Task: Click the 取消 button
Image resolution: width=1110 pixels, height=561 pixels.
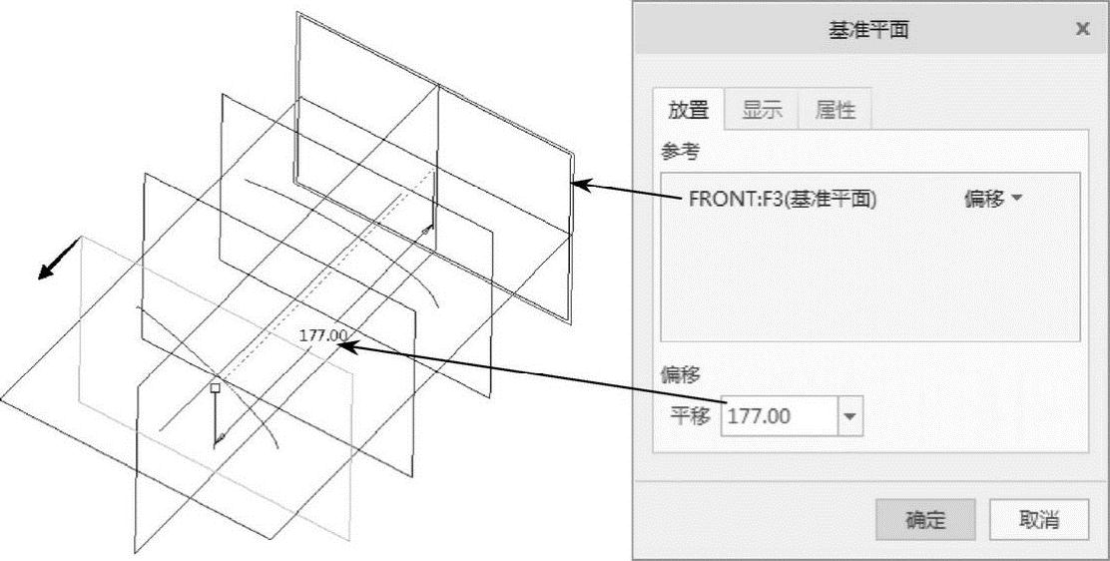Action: point(1038,520)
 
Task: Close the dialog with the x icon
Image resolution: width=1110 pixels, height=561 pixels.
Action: point(1082,29)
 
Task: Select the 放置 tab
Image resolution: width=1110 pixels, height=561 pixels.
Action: point(688,110)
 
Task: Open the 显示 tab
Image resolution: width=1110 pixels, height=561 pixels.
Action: point(762,110)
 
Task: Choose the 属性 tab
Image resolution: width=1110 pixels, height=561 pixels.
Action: point(834,110)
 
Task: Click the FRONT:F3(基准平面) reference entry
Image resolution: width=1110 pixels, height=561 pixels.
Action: point(782,199)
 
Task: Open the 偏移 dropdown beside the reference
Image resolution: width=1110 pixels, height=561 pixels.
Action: point(993,199)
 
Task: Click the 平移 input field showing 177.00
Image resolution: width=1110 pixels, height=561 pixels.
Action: point(778,415)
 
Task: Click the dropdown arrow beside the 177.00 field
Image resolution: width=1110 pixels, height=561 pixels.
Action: point(850,416)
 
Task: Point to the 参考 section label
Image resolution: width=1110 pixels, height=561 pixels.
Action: point(681,151)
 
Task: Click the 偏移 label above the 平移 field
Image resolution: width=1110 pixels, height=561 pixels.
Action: point(681,374)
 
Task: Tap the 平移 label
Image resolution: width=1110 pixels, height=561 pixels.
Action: point(689,416)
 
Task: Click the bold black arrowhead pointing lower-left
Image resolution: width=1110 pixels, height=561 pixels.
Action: point(46,274)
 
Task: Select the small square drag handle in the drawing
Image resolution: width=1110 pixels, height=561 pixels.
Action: point(215,386)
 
